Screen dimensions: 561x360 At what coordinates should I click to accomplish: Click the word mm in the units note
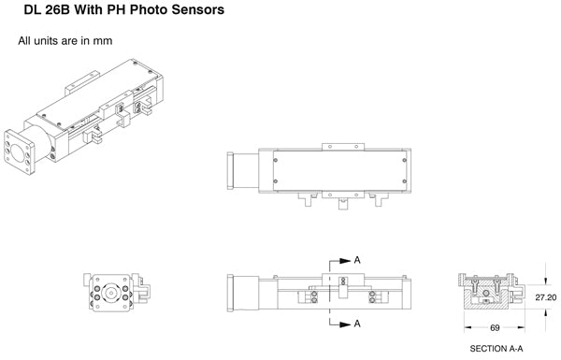[x=103, y=41]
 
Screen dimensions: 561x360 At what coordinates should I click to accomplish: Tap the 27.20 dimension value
[x=546, y=297]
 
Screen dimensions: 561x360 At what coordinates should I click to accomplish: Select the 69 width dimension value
[x=495, y=327]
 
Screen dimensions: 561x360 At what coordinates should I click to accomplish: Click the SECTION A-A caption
[x=496, y=348]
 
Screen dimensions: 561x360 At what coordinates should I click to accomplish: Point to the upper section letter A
[x=357, y=260]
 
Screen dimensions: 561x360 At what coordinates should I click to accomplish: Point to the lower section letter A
[x=357, y=324]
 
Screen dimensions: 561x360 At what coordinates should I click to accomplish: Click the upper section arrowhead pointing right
[x=345, y=261]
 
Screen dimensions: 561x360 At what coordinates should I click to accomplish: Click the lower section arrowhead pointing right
[x=345, y=324]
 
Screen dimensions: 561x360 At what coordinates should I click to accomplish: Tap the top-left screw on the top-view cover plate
[x=276, y=160]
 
